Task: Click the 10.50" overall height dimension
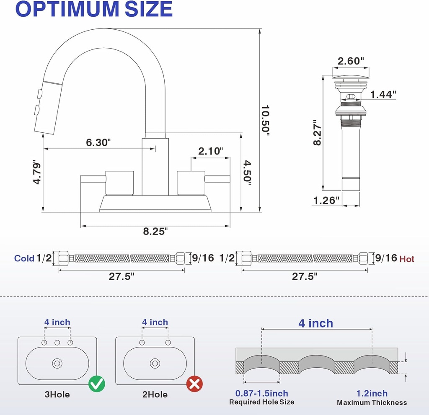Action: [266, 119]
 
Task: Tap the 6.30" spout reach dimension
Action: [98, 142]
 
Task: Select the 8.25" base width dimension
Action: [155, 230]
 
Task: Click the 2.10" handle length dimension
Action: [210, 151]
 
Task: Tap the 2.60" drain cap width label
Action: [349, 61]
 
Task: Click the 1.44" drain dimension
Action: [383, 95]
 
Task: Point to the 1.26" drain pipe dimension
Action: [326, 200]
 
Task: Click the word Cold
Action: [24, 258]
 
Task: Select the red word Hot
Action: [407, 259]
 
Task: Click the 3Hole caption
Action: [57, 394]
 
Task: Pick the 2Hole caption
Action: [155, 394]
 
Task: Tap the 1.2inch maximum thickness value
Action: [372, 393]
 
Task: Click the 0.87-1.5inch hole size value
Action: [261, 393]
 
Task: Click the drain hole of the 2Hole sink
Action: [155, 363]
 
